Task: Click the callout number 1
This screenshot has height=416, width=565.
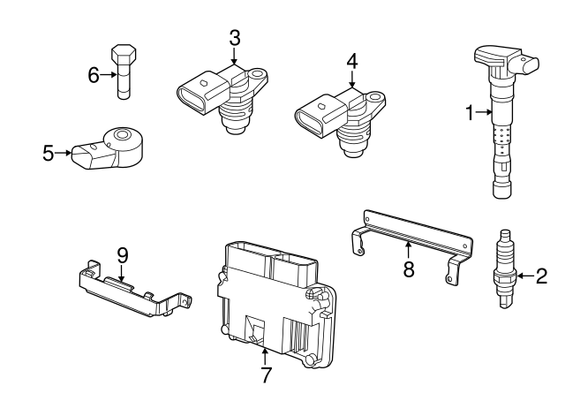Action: [471, 112]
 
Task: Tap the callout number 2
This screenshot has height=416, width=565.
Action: [541, 276]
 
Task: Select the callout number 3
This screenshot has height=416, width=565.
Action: [234, 38]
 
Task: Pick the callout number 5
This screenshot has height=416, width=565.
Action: [49, 153]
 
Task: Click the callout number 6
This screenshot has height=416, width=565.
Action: [94, 75]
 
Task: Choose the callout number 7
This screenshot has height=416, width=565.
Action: [265, 374]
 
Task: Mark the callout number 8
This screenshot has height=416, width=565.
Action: [408, 269]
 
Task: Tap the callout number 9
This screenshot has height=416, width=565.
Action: [123, 255]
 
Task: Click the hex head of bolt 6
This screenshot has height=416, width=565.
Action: [124, 54]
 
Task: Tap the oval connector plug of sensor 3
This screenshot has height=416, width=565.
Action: [197, 95]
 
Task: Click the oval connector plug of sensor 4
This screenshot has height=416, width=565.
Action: [314, 117]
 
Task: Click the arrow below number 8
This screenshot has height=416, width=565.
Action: [408, 249]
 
